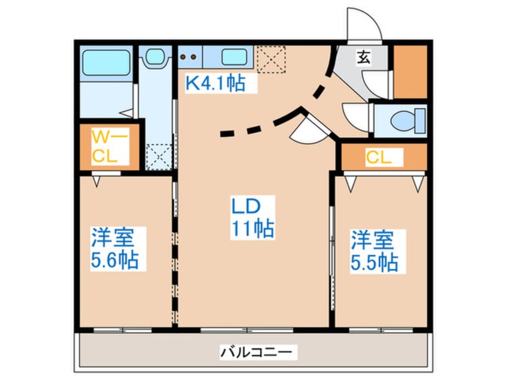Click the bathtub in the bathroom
point(106,62)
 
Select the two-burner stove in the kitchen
point(189,58)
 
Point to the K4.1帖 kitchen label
point(215,83)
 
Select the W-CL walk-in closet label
point(110,146)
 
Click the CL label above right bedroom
point(379,158)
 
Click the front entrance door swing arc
point(364,24)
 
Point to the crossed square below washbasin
point(158,158)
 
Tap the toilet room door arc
point(356,113)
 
